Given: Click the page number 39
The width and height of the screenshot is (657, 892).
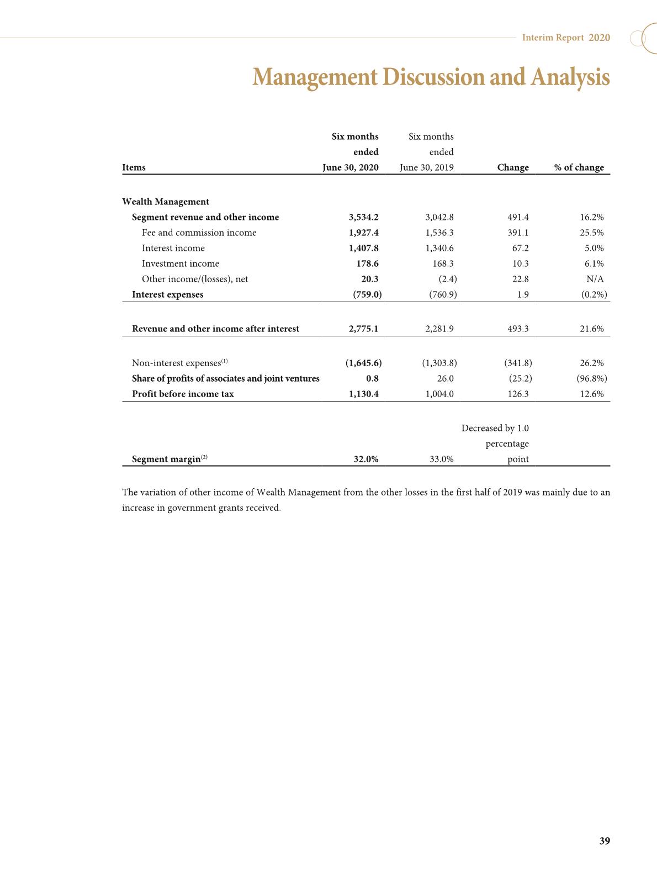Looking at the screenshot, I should tap(605, 841).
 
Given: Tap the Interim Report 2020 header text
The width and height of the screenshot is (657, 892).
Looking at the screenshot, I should tap(566, 38).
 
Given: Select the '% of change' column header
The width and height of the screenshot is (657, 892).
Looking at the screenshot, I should tap(579, 167).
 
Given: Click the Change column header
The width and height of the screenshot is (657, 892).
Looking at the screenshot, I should tap(513, 167).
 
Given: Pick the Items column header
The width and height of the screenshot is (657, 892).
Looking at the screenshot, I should tap(134, 167).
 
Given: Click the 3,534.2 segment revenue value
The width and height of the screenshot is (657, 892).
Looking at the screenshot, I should tap(364, 217).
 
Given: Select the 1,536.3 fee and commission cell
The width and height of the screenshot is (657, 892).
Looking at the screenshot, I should tap(439, 233).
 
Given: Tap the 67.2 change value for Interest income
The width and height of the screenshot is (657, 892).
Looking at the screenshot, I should tap(520, 248).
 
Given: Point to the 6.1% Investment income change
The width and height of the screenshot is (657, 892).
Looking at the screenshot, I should tap(594, 263).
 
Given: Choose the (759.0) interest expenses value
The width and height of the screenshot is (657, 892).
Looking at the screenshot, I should tap(367, 294).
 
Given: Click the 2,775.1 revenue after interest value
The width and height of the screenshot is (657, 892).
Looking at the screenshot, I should tap(363, 329).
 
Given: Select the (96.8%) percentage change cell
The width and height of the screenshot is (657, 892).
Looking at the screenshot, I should tap(591, 378).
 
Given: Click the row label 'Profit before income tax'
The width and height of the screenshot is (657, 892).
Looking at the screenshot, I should tap(183, 394).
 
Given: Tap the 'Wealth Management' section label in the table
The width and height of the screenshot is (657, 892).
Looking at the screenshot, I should tap(166, 202).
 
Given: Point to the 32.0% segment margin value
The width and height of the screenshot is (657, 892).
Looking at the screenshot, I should tap(365, 459).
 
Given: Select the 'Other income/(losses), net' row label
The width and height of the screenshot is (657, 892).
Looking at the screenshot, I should tap(195, 279).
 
